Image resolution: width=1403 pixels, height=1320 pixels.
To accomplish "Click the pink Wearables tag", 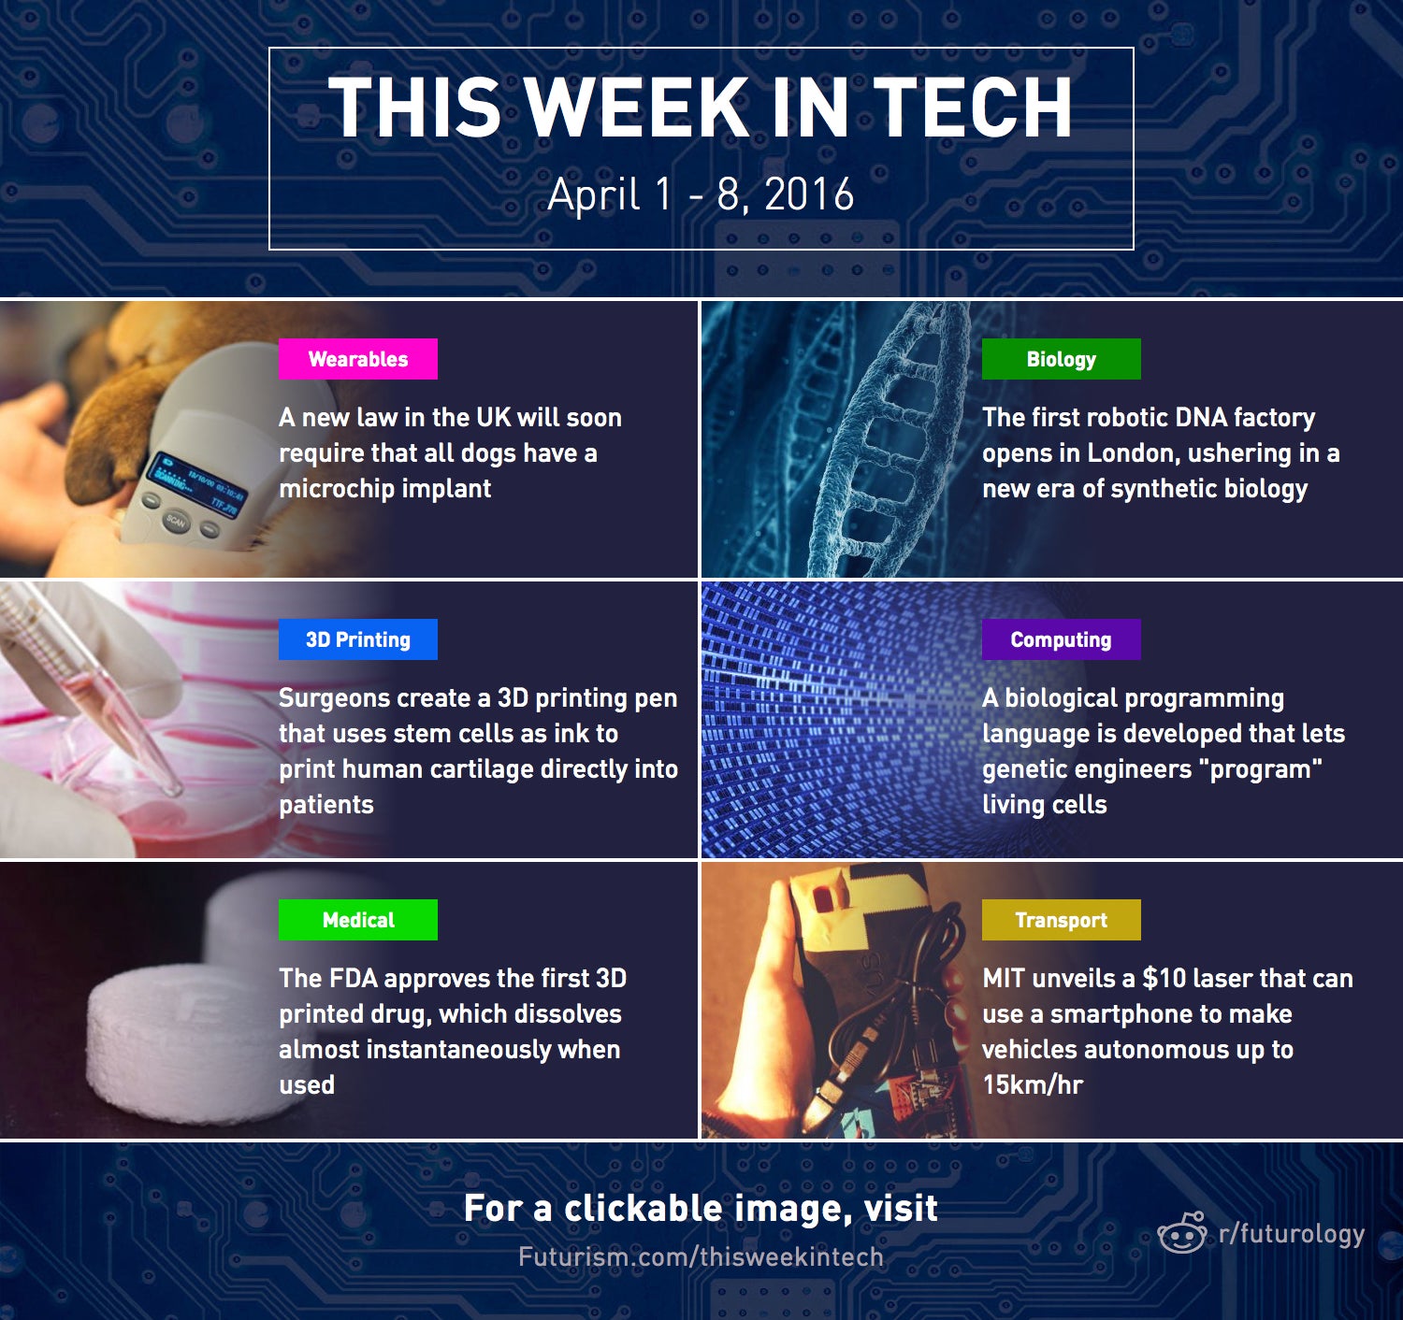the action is (357, 359).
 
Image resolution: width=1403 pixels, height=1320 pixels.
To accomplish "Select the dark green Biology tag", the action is (1061, 359).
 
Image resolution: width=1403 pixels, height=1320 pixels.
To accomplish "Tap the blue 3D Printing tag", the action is (357, 639).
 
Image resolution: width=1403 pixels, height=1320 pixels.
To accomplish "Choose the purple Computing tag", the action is (1061, 639).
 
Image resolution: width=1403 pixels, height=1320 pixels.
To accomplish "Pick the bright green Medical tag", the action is (357, 920).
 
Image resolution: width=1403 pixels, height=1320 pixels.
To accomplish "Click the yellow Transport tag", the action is (1061, 920).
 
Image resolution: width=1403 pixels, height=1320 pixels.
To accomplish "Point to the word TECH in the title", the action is (973, 107).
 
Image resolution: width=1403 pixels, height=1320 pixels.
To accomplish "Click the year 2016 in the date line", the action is (810, 194).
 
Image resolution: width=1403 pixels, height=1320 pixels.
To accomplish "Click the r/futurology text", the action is (1292, 1234).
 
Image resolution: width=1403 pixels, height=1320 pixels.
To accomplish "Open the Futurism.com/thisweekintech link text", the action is (701, 1257).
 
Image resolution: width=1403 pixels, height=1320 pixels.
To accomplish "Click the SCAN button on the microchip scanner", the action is (175, 522).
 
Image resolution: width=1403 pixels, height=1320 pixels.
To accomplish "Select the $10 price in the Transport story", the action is (1164, 978).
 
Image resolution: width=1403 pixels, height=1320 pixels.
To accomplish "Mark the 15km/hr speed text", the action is (1032, 1084).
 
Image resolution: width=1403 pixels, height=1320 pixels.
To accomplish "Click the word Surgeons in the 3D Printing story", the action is (335, 698).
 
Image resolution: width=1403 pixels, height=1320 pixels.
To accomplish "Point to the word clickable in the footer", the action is (644, 1208).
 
